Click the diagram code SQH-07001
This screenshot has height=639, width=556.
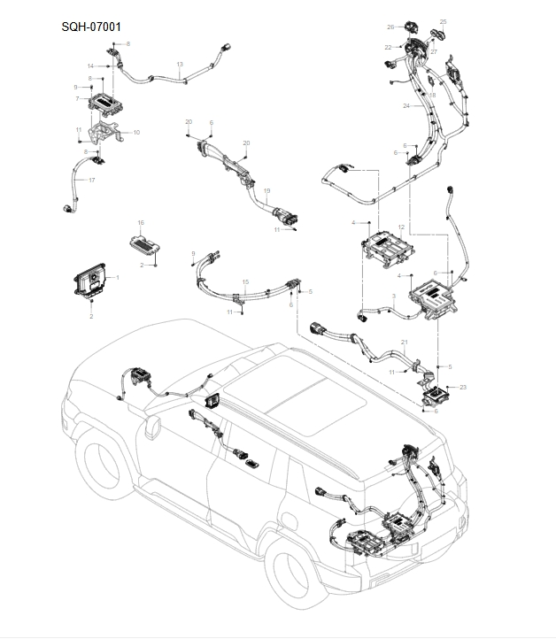pos(91,27)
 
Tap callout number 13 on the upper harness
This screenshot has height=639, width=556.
pos(180,65)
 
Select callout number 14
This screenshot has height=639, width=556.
pos(90,66)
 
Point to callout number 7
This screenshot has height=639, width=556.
pos(77,98)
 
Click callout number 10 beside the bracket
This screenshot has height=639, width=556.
pos(136,132)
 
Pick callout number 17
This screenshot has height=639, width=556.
pos(91,181)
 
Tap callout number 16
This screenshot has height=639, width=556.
pos(139,222)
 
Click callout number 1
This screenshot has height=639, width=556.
pos(119,277)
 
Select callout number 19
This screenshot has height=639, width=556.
pos(267,190)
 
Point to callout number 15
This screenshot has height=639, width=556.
pos(245,281)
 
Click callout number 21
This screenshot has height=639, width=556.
pos(405,342)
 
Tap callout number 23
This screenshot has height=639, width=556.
pos(463,388)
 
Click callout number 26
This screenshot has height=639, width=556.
pos(390,27)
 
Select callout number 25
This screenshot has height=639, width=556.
pos(444,21)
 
